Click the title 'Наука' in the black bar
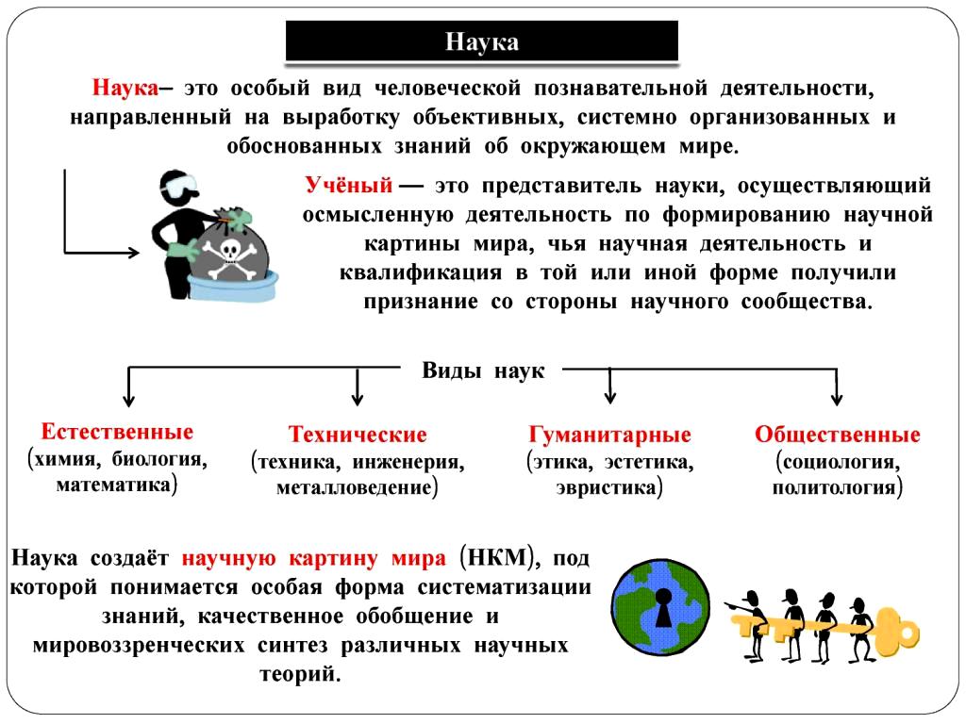pyautogui.click(x=482, y=42)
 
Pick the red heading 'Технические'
pyautogui.click(x=358, y=435)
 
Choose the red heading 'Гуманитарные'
pyautogui.click(x=610, y=435)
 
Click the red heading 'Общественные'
pyautogui.click(x=837, y=435)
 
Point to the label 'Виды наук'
pyautogui.click(x=483, y=370)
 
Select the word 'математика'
pyautogui.click(x=115, y=485)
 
